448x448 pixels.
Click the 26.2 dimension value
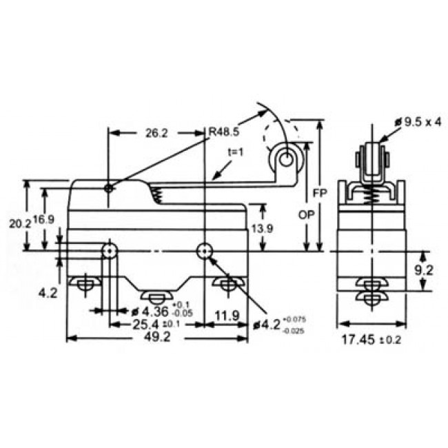click(x=156, y=133)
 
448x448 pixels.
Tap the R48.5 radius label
click(x=224, y=132)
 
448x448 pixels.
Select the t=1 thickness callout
click(x=236, y=152)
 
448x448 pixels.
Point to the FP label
click(x=320, y=193)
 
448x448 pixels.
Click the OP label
click(x=307, y=214)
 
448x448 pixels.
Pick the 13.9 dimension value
click(x=263, y=228)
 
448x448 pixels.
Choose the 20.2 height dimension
click(x=20, y=223)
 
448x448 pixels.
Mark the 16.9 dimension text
click(x=43, y=219)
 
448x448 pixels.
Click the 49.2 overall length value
click(x=157, y=336)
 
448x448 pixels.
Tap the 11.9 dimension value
click(x=227, y=316)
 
